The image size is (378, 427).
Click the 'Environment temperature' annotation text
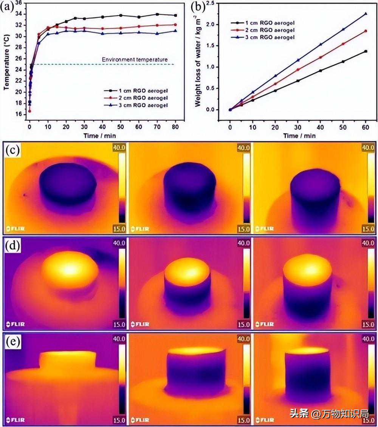pyautogui.click(x=135, y=59)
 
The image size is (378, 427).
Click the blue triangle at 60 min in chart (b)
pyautogui.click(x=365, y=14)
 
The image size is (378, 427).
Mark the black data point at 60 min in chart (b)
pyautogui.click(x=365, y=51)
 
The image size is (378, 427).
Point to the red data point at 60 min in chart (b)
pyautogui.click(x=365, y=31)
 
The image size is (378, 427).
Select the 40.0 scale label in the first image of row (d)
pyautogui.click(x=119, y=243)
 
